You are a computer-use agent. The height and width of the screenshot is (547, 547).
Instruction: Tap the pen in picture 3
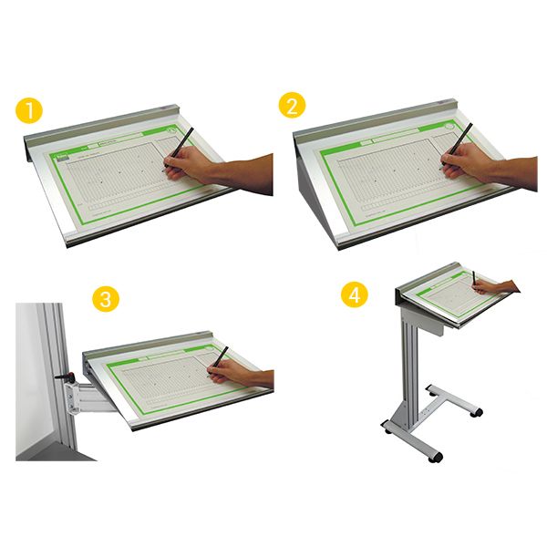(x=220, y=360)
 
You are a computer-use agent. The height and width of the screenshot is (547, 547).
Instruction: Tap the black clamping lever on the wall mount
(x=63, y=376)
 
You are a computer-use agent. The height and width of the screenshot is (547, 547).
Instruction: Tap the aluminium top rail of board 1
(x=100, y=128)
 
